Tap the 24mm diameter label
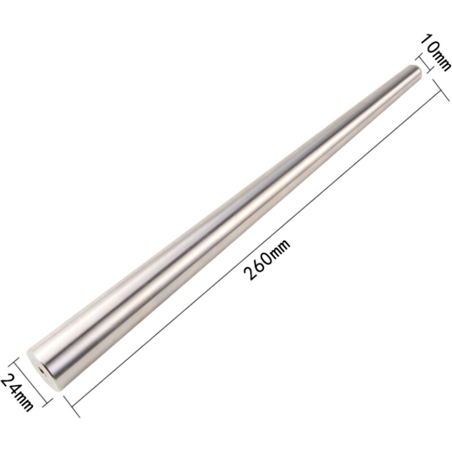[17, 392]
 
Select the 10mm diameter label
[436, 53]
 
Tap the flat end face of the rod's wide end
[44, 372]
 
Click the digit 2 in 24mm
[8, 381]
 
